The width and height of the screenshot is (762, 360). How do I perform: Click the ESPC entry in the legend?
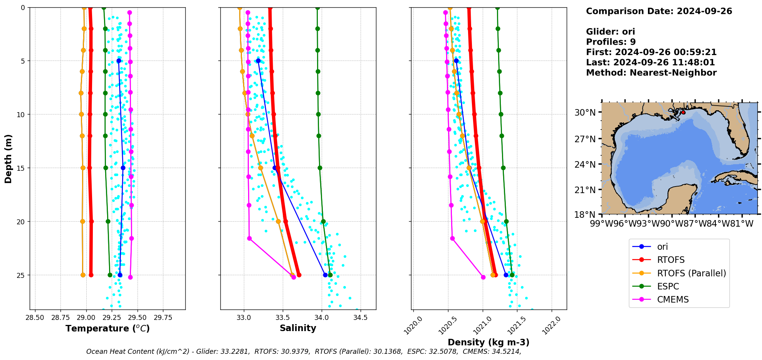(668, 286)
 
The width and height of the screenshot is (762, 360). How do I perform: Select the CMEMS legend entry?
(673, 299)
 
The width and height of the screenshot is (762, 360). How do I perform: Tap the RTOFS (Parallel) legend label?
(691, 273)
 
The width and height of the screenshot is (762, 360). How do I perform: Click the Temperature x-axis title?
(107, 328)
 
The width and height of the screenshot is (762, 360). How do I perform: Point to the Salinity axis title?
(298, 328)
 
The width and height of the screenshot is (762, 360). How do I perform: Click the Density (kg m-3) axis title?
(488, 342)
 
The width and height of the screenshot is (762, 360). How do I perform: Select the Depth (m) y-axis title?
(8, 158)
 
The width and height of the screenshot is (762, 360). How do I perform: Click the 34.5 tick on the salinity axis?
(360, 318)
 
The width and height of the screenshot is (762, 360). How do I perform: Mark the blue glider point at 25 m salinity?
(325, 275)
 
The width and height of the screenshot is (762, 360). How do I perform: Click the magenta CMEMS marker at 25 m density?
(483, 277)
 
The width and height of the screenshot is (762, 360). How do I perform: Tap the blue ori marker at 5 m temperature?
(119, 61)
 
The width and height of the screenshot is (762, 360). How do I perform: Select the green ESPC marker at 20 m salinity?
(323, 222)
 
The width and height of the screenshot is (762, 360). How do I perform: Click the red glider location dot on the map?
(683, 113)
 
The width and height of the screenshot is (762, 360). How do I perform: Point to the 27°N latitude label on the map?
(585, 139)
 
